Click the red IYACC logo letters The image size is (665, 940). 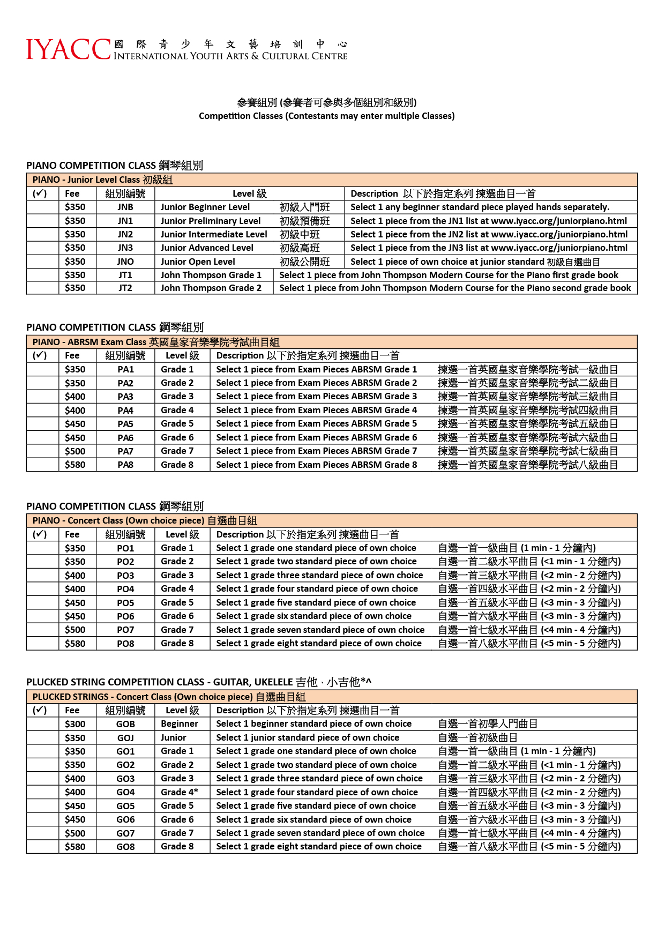click(68, 49)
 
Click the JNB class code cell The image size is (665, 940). click(125, 207)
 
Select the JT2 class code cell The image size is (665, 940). click(125, 288)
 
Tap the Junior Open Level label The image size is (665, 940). click(198, 262)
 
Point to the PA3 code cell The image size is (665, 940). click(125, 397)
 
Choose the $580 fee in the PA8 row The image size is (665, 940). click(75, 465)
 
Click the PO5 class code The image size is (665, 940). click(125, 603)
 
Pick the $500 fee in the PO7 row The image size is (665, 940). click(75, 630)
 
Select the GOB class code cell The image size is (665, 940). click(125, 724)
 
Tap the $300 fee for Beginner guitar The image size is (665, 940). click(75, 724)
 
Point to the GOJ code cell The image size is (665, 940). click(125, 738)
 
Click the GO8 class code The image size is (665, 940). click(125, 847)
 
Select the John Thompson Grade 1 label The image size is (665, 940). click(211, 275)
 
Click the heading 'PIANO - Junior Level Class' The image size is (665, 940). click(102, 180)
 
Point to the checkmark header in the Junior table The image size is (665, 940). click(40, 194)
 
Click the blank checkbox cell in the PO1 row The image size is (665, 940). click(42, 548)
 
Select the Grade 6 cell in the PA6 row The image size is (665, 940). click(177, 437)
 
